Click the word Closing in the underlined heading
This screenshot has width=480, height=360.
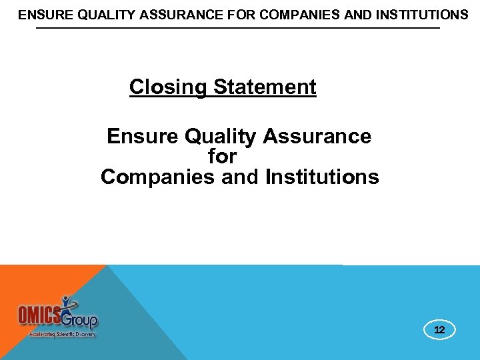click(169, 87)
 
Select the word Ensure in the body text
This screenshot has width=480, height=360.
click(143, 137)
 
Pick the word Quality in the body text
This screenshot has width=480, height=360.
click(221, 137)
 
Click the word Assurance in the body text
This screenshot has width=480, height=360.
click(317, 137)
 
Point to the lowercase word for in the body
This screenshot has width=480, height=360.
click(222, 157)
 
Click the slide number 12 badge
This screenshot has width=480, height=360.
click(439, 330)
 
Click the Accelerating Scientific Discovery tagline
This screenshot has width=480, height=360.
click(63, 334)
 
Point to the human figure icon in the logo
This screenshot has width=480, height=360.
click(67, 304)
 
